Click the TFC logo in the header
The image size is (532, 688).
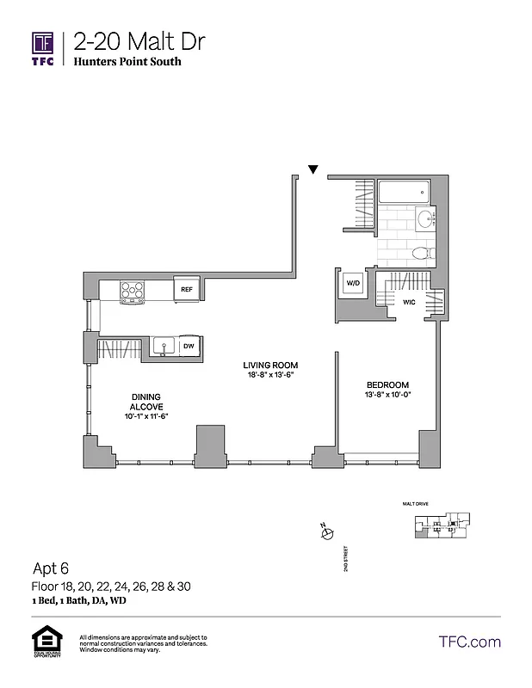click(x=42, y=49)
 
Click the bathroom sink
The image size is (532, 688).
click(x=425, y=218)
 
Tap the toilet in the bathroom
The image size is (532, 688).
click(x=421, y=253)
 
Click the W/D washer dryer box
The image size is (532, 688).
click(x=353, y=283)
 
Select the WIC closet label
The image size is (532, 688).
click(x=410, y=302)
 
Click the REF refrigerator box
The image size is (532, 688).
click(x=186, y=290)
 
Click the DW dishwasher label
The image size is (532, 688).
click(x=188, y=346)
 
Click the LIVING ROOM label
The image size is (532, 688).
click(x=269, y=365)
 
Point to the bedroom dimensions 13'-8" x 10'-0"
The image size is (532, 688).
click(x=387, y=396)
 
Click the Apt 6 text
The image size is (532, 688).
click(x=50, y=568)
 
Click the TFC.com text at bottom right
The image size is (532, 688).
click(x=469, y=642)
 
